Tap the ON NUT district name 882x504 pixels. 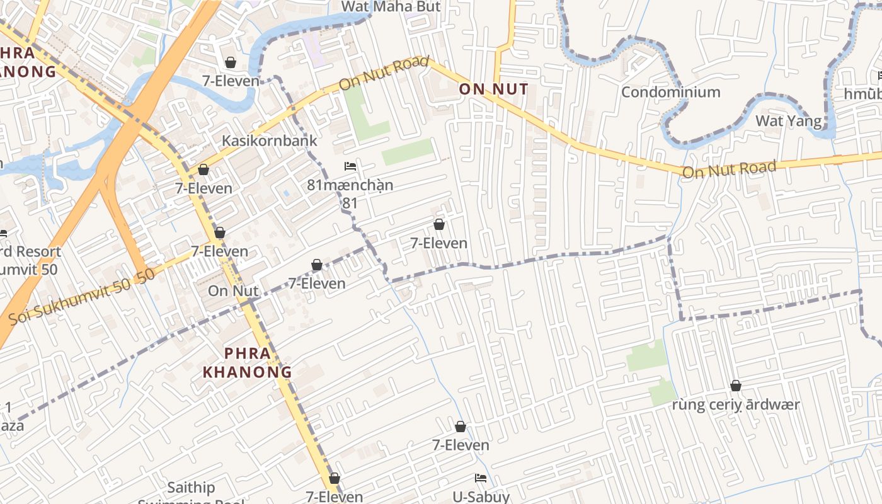pyautogui.click(x=493, y=89)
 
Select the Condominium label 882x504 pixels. pyautogui.click(x=670, y=92)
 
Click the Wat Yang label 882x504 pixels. pyautogui.click(x=788, y=121)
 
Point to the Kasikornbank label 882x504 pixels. pyautogui.click(x=269, y=140)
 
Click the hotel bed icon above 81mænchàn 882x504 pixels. pyautogui.click(x=350, y=166)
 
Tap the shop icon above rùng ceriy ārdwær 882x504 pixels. pyautogui.click(x=735, y=386)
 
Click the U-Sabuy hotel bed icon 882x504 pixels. pyautogui.click(x=481, y=478)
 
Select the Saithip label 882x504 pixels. pyautogui.click(x=191, y=488)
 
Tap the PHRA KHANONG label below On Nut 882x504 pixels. pyautogui.click(x=247, y=363)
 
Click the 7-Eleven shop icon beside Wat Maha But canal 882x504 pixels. pyautogui.click(x=231, y=62)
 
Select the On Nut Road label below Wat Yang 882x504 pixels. pyautogui.click(x=729, y=169)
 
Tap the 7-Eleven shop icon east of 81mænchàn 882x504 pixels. pyautogui.click(x=439, y=224)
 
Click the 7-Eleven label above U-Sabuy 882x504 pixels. pyautogui.click(x=461, y=445)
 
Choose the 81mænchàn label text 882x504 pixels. pyautogui.click(x=350, y=185)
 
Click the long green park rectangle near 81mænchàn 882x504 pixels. pyautogui.click(x=408, y=152)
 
